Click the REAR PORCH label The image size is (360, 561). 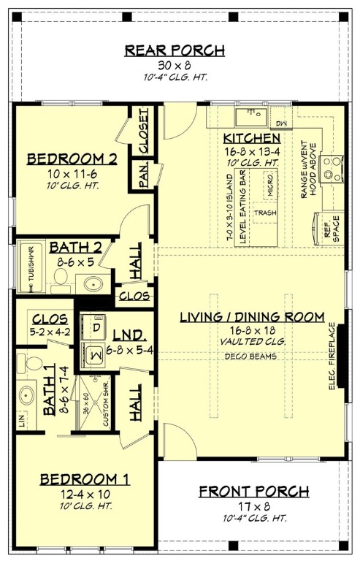(174, 50)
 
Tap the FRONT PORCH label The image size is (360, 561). (253, 491)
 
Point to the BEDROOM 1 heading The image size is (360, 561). (85, 479)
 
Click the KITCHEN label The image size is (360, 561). (252, 138)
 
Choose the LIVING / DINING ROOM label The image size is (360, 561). (253, 316)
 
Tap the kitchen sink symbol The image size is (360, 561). (252, 115)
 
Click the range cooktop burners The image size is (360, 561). (333, 168)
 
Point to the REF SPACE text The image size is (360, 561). (322, 227)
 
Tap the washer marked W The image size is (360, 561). (96, 354)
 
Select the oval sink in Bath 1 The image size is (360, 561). (27, 396)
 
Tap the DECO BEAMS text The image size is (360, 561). (253, 356)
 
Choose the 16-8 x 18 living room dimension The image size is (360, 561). (253, 329)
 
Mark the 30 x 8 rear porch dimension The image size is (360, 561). (174, 64)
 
